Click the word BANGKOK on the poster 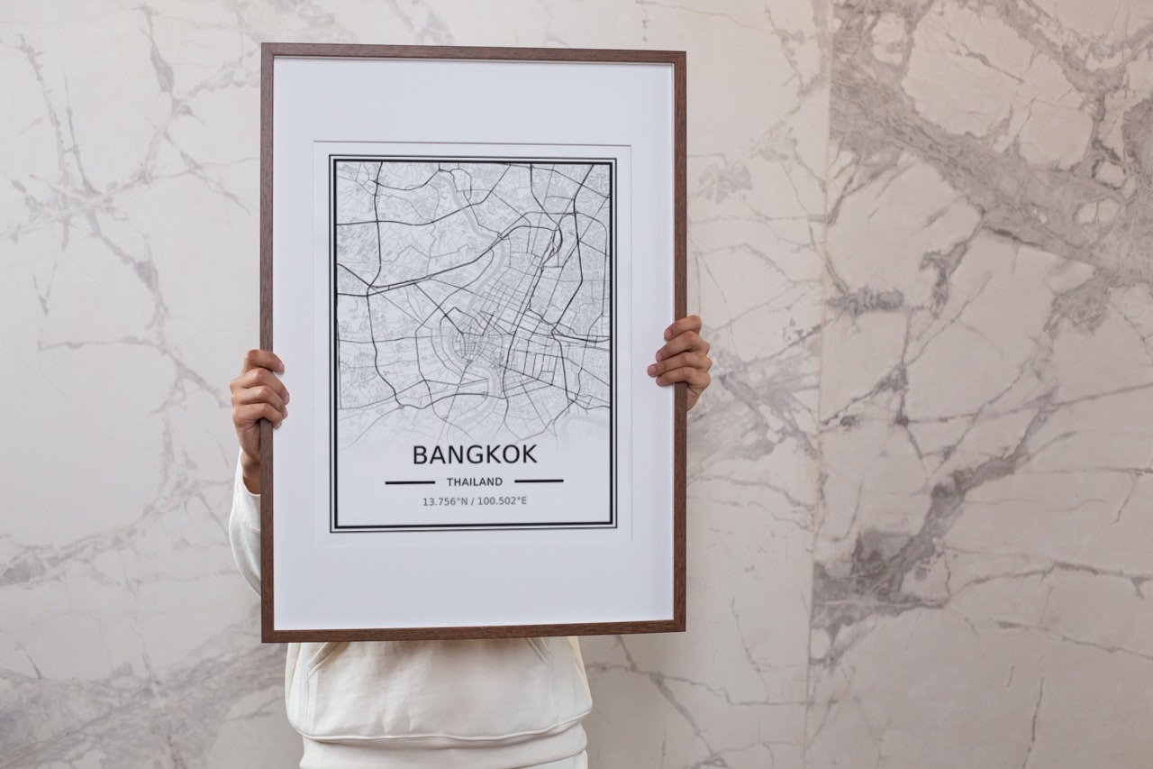coord(474,454)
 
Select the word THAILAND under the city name coord(475,481)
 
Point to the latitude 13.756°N coord(446,501)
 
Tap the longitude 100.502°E coord(503,501)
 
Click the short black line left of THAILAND coord(410,482)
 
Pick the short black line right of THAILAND coord(539,481)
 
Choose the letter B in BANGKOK coord(420,455)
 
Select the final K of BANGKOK coord(529,454)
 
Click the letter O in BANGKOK coord(511,454)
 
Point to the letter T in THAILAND coord(449,482)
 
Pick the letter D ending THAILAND coord(499,481)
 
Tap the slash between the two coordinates coord(473,501)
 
